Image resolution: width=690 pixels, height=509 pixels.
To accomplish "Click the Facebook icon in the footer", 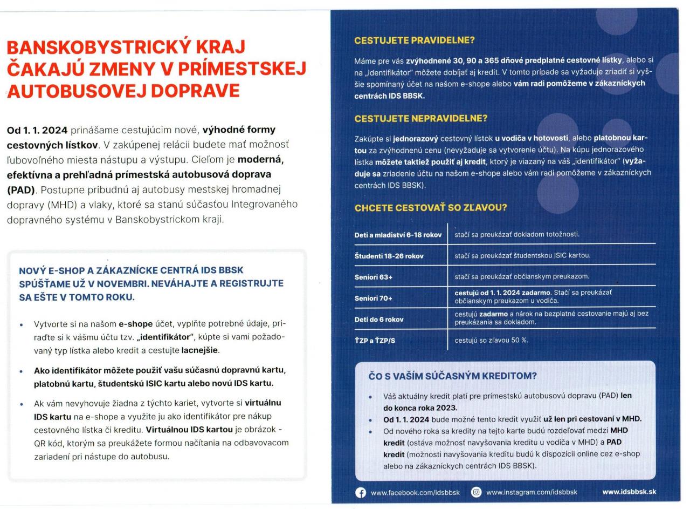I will [x=361, y=492].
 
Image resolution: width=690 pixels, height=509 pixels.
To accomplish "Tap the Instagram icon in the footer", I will [x=477, y=492].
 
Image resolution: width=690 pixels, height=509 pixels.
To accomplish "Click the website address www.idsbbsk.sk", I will [x=629, y=492].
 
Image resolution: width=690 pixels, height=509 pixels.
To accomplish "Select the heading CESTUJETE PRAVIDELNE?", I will [x=415, y=40].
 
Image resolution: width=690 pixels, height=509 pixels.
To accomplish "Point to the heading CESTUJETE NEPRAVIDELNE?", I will [x=420, y=118].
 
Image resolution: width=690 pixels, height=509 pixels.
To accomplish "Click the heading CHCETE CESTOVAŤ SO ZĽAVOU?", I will [x=431, y=208].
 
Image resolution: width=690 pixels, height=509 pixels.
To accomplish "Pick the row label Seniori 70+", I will [x=374, y=298].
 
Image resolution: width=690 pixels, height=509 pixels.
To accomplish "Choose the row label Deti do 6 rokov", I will [x=379, y=319].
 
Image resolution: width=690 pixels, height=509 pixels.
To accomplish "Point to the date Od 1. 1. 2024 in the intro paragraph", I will [x=37, y=130].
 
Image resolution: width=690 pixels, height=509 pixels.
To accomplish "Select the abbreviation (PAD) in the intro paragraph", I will [x=20, y=189].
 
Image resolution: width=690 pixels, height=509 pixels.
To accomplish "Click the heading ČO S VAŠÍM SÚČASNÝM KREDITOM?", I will [x=453, y=376].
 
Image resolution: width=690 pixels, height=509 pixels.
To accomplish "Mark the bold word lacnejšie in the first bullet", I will [x=200, y=350].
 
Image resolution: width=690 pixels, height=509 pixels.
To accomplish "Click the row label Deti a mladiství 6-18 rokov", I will [x=398, y=235].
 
